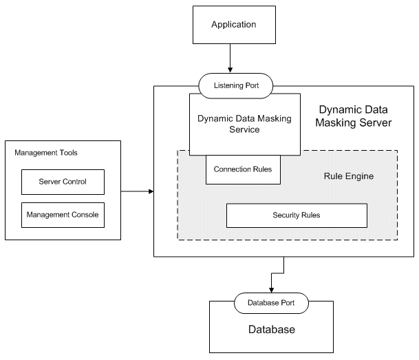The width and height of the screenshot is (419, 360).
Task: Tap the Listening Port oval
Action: coord(236,85)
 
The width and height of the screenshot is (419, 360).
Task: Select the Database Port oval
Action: coord(272,301)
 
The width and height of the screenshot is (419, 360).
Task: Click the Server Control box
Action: coord(63,182)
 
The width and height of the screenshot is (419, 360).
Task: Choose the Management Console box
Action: coord(63,215)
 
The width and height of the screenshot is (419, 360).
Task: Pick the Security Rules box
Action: coord(296,215)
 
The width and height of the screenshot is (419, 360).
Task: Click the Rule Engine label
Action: coord(348,176)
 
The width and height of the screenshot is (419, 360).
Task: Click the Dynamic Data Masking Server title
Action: coord(355,116)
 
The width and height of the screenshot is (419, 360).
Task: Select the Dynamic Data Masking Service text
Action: coord(244,124)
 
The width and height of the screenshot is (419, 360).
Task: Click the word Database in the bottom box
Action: coord(271,330)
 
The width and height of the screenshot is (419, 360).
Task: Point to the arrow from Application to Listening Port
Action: coord(231,62)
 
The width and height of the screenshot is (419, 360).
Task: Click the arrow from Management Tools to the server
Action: coord(135,191)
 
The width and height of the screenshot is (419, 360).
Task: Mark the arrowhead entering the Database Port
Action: coord(271,289)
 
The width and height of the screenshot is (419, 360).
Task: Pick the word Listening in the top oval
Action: coord(226,85)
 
